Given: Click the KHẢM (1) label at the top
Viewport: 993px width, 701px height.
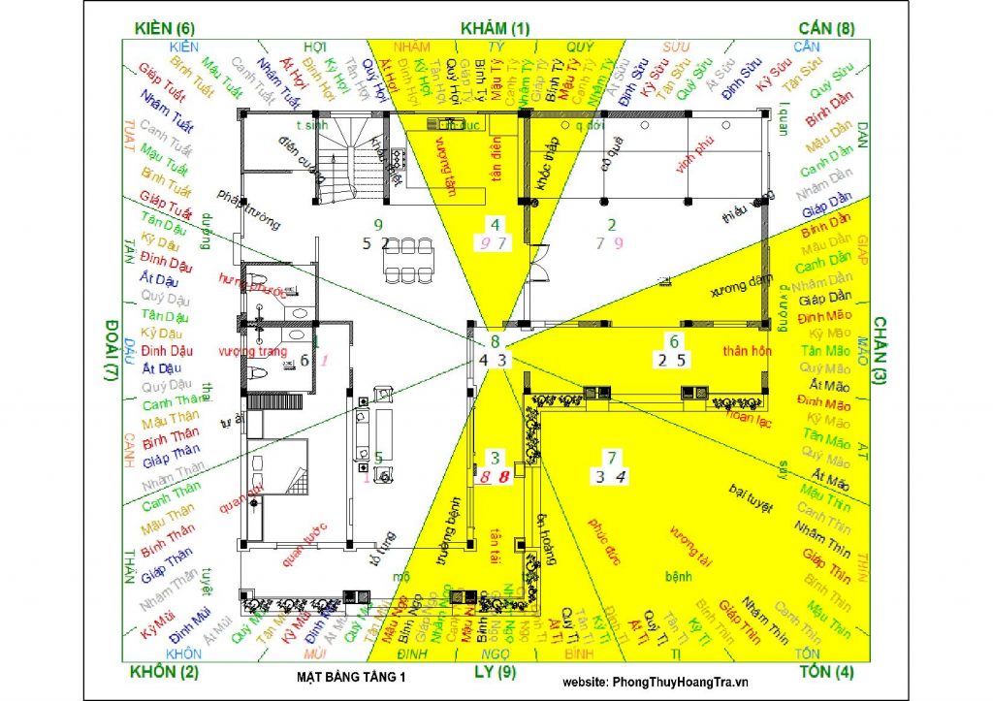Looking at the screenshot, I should [x=496, y=28].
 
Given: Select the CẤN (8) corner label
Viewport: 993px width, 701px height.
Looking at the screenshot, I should [x=825, y=28].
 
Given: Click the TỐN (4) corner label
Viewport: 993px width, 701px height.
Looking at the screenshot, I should [x=825, y=672].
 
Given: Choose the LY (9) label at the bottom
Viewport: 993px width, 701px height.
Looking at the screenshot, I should [x=495, y=672].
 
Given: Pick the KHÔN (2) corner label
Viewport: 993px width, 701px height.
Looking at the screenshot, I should [x=164, y=672].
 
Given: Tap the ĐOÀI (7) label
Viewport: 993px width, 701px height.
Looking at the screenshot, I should [x=111, y=351].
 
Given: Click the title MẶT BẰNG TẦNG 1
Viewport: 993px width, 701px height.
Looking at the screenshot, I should [x=351, y=678].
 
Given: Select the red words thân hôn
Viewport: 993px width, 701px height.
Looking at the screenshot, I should [x=747, y=351].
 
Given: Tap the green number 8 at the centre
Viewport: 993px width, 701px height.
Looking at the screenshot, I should [x=495, y=341].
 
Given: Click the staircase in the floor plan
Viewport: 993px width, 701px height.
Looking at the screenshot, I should [x=342, y=160].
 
